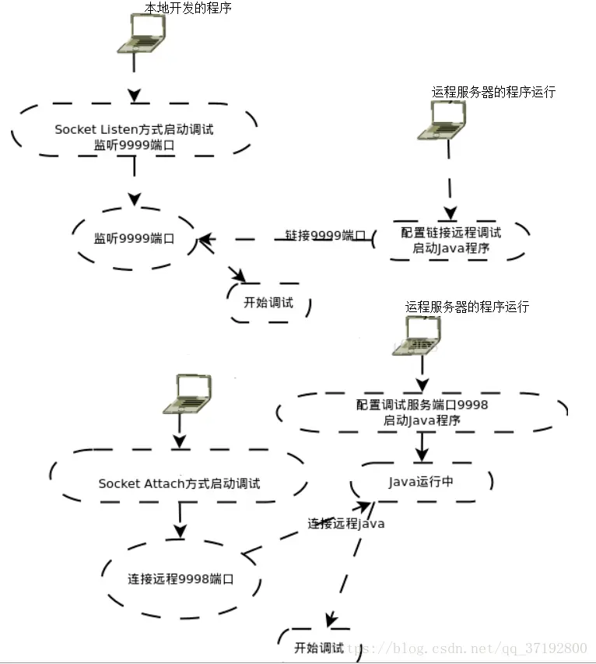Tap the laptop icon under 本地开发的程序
point(146,33)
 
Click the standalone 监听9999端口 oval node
point(134,239)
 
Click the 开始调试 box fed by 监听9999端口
point(268,302)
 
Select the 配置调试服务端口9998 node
point(422,412)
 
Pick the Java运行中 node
point(421,482)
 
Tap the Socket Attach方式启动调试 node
point(179,483)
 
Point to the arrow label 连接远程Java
point(346,523)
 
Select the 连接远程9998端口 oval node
point(181,579)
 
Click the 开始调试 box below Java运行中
point(319,647)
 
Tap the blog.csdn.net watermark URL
point(467,648)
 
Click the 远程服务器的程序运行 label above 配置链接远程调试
point(493,92)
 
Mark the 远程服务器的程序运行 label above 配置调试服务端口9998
point(467,307)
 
